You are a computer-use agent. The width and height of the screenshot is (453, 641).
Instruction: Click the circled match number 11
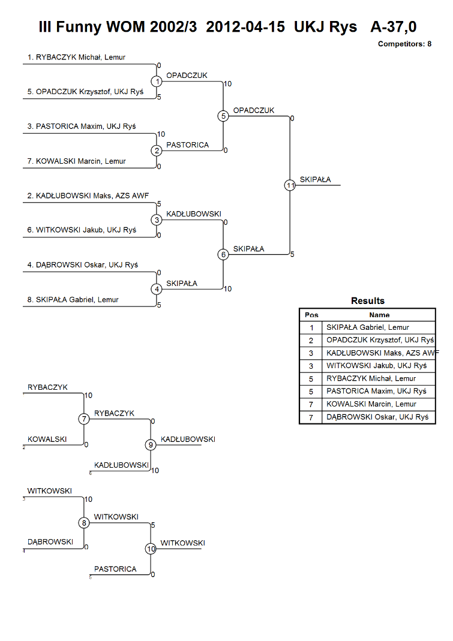click(290, 185)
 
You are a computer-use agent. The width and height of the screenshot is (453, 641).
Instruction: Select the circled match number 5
click(223, 116)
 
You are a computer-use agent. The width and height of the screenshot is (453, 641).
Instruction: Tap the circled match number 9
click(151, 445)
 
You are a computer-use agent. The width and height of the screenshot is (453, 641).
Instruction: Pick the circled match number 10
click(151, 549)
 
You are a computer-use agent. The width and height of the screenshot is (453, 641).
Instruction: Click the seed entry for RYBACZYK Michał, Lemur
click(77, 57)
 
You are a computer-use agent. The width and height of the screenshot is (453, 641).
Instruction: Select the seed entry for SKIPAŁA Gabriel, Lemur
click(73, 300)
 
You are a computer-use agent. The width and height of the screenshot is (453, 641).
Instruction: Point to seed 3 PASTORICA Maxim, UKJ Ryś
click(82, 127)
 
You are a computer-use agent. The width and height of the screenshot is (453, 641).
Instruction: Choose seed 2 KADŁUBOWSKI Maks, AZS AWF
click(88, 196)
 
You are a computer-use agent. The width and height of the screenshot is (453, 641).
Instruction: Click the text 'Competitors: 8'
click(404, 44)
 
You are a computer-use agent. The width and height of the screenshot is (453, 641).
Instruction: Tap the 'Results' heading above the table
click(367, 301)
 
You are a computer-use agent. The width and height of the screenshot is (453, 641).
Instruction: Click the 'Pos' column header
click(311, 315)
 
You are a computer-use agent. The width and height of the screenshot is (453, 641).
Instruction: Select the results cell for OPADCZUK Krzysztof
click(380, 340)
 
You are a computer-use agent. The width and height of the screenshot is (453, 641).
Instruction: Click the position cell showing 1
click(311, 327)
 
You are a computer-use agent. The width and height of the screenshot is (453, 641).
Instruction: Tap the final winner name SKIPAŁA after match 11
click(315, 179)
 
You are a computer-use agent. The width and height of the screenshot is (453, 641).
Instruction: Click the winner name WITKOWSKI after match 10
click(182, 543)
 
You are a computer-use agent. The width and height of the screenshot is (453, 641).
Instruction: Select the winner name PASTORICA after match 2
click(187, 145)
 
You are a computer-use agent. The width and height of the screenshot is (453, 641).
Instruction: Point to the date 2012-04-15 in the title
click(245, 26)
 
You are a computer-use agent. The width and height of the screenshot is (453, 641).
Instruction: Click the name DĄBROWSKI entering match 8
click(50, 542)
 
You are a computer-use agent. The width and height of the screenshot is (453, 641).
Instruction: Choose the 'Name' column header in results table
click(379, 315)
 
